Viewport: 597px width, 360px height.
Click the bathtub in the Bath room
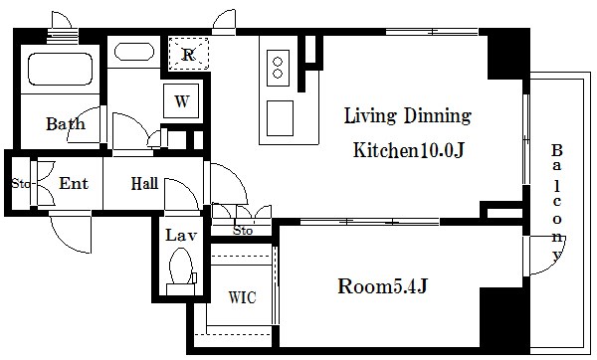[60, 69]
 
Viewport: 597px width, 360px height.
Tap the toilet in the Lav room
[181, 270]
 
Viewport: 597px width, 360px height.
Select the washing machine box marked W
[181, 100]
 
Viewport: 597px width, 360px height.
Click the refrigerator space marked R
[189, 54]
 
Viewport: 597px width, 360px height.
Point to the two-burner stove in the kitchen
[278, 68]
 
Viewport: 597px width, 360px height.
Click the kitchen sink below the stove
[280, 118]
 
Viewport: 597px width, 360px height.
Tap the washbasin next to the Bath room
[134, 52]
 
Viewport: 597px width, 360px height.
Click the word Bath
[66, 123]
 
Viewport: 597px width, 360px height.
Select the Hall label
[144, 184]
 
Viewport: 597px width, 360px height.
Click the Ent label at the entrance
[74, 184]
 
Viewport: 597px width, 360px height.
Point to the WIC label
[242, 297]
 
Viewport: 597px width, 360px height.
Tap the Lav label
[181, 235]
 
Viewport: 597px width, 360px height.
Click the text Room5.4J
[383, 286]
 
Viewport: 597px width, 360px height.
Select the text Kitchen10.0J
[409, 150]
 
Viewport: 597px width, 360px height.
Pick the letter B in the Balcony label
[557, 151]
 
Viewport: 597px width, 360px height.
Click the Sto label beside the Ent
[21, 184]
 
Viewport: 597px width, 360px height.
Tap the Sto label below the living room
[243, 231]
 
